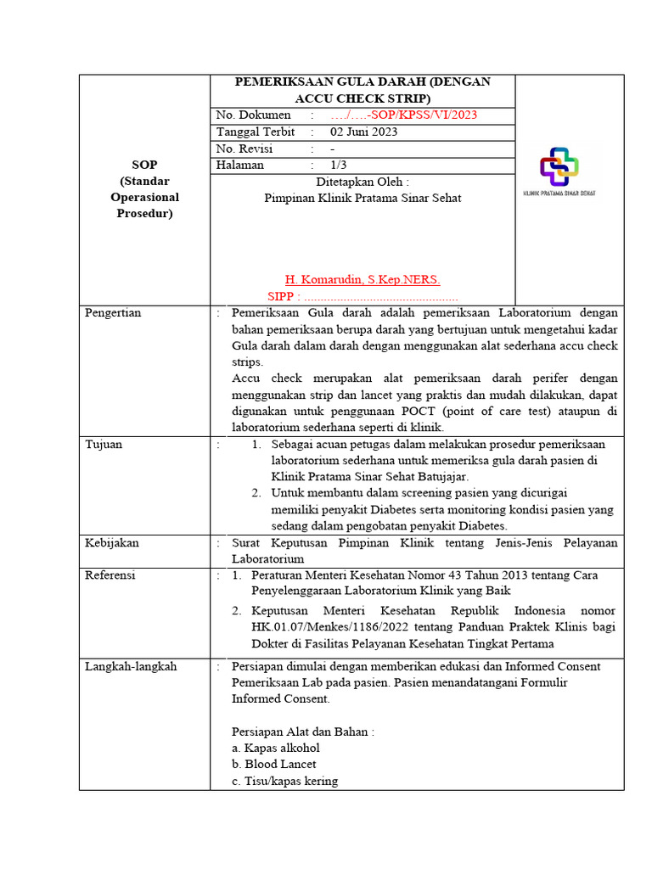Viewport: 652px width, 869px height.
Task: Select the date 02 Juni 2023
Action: point(363,132)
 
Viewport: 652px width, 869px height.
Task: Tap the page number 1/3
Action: point(339,165)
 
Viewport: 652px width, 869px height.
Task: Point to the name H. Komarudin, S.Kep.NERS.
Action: point(363,279)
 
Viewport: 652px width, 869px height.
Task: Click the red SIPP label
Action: point(282,296)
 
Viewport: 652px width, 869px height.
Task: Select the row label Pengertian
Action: point(114,312)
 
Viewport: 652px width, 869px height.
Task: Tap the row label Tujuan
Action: point(104,444)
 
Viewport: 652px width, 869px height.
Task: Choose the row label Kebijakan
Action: point(111,542)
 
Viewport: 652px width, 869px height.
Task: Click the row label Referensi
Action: point(110,575)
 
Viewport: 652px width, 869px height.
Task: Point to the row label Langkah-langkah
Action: point(131,666)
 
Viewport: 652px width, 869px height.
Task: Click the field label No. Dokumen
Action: point(253,115)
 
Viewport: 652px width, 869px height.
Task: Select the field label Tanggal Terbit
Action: point(256,132)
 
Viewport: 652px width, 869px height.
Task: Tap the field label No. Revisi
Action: point(244,149)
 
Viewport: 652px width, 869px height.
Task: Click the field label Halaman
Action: point(240,165)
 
